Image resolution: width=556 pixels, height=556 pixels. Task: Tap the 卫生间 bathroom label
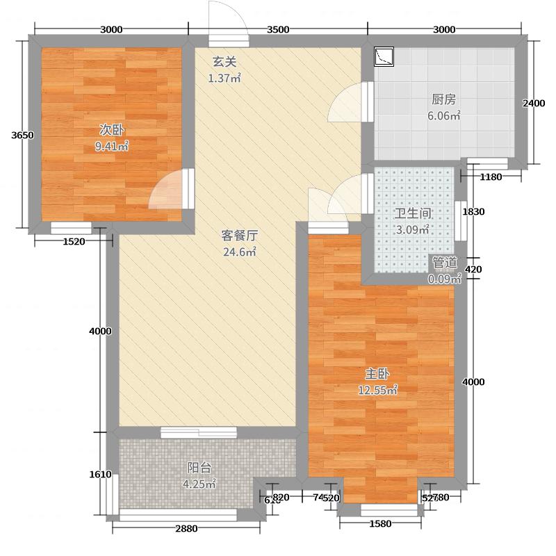(x=412, y=213)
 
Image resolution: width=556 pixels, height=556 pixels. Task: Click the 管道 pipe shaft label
(x=445, y=263)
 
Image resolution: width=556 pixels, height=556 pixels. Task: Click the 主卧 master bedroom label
(x=377, y=373)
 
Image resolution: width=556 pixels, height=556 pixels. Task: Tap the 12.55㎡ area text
(x=377, y=390)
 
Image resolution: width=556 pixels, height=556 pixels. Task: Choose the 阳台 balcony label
(x=199, y=468)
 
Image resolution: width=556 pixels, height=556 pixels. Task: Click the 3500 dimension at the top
(x=277, y=29)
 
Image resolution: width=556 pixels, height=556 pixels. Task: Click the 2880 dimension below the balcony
(x=186, y=528)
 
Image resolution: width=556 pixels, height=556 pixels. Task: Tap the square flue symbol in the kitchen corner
(x=384, y=56)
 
